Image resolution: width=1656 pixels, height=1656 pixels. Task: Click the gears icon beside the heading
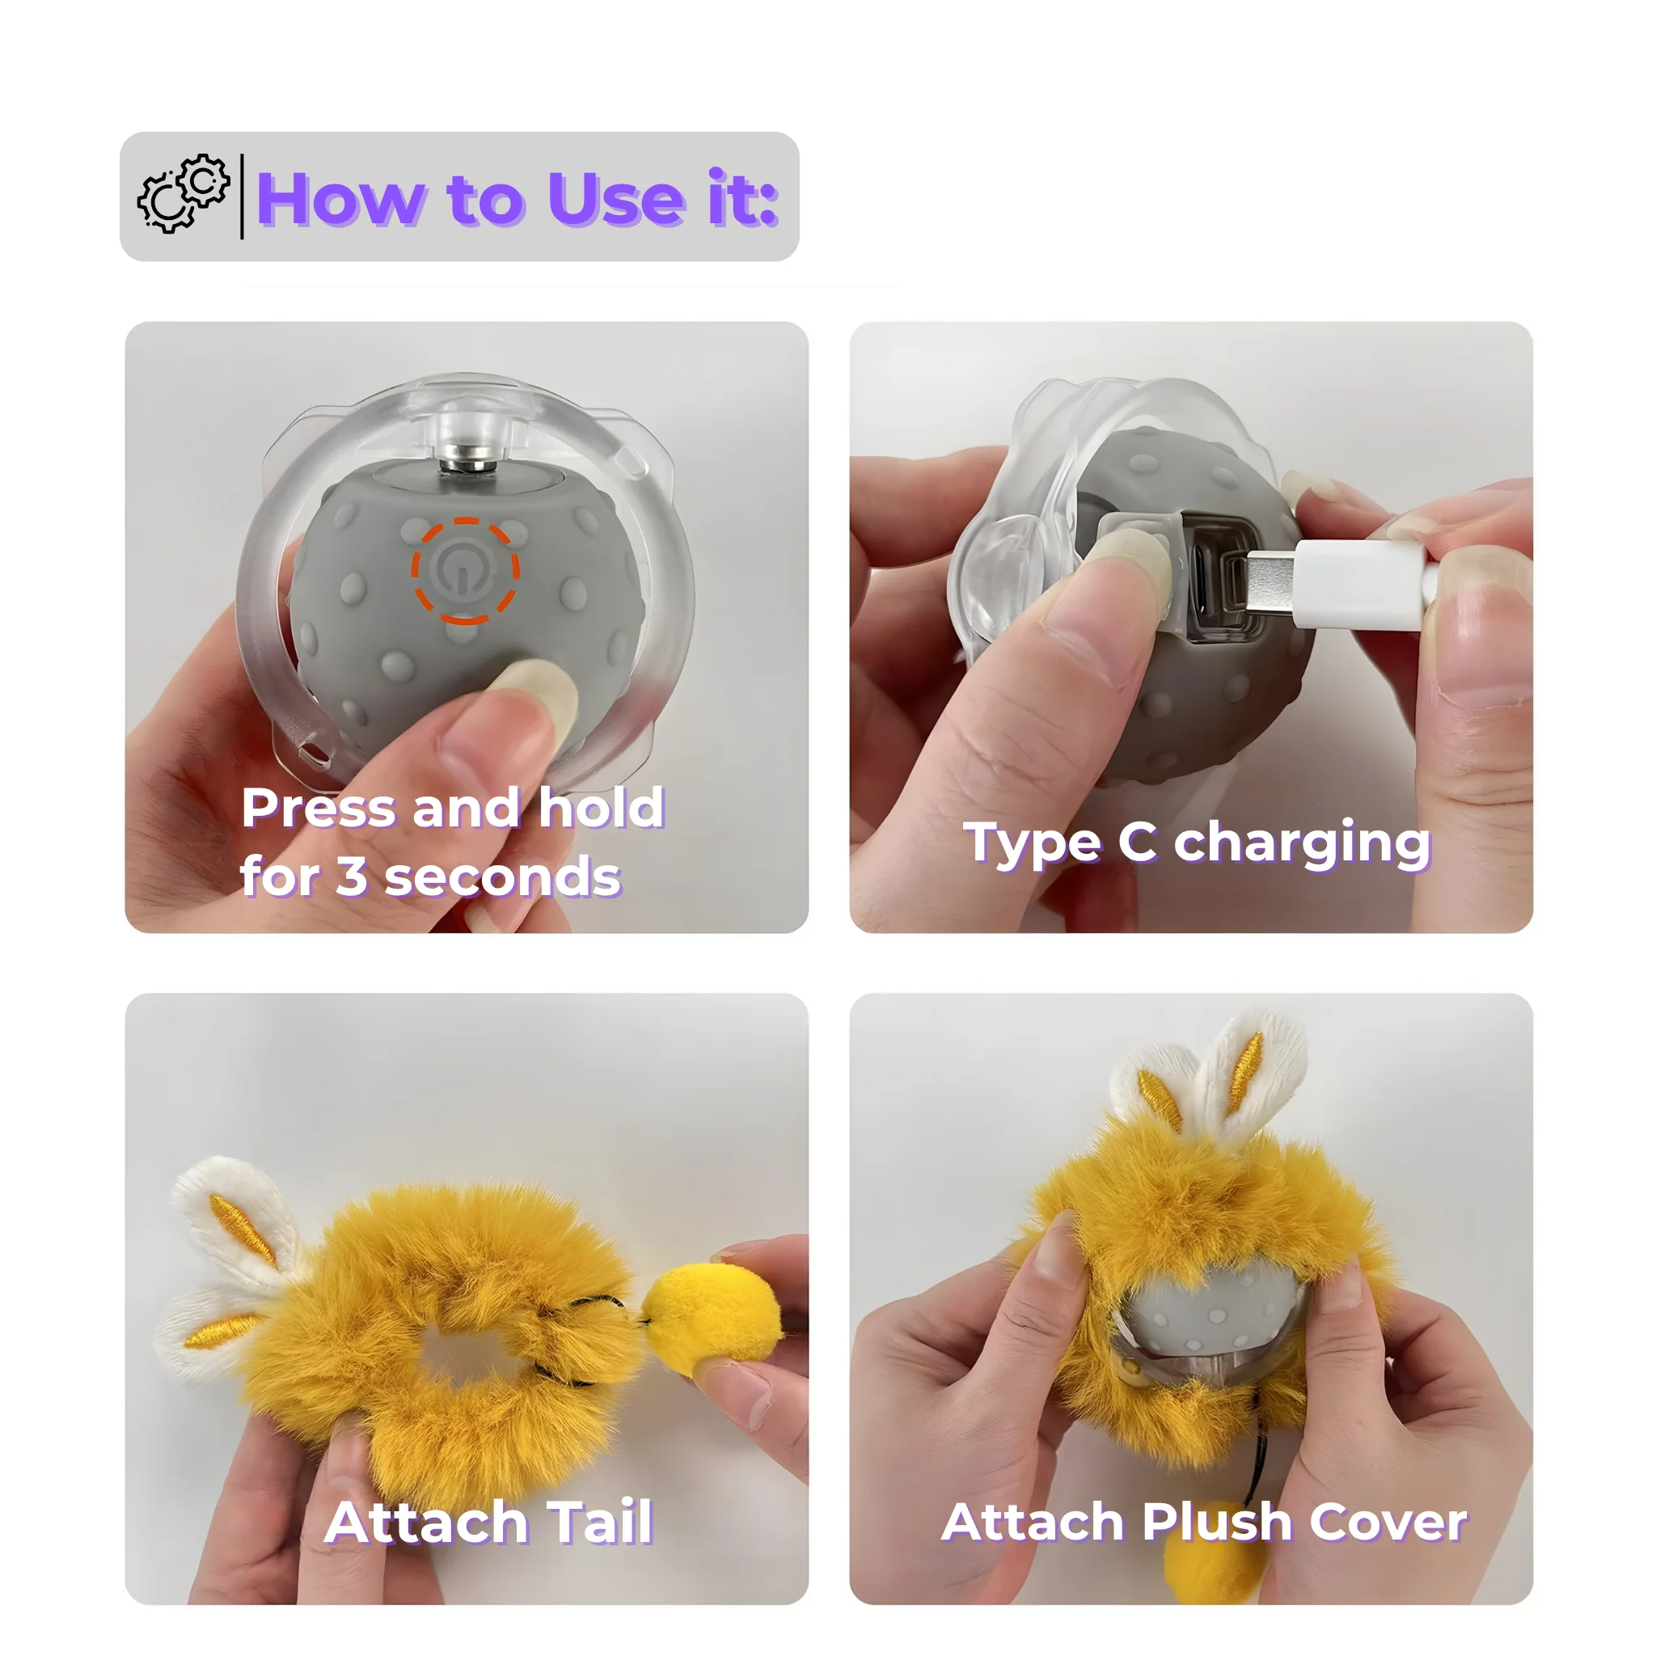click(x=184, y=194)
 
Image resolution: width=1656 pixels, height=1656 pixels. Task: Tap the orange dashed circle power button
click(x=466, y=571)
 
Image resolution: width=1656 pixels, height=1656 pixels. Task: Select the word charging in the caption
click(x=1302, y=844)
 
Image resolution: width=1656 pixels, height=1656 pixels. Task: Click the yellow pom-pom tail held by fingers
click(x=712, y=1316)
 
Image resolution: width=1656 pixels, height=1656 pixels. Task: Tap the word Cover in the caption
click(x=1388, y=1523)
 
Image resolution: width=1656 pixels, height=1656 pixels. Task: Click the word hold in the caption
click(x=602, y=808)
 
